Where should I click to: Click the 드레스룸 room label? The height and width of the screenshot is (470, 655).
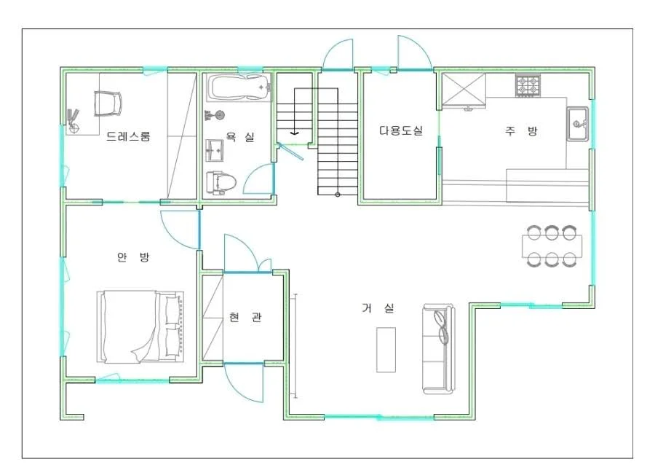[128, 136]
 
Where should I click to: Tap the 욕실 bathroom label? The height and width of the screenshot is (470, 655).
[240, 136]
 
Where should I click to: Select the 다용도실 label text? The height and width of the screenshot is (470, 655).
[401, 130]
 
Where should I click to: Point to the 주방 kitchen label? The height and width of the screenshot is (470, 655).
[521, 131]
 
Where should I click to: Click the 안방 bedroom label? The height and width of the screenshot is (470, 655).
[133, 256]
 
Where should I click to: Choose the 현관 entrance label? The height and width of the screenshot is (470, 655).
[245, 317]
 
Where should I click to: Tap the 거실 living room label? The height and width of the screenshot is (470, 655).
[378, 308]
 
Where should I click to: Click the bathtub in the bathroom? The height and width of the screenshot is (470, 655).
[239, 87]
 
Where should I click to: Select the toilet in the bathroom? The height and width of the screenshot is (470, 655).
[221, 183]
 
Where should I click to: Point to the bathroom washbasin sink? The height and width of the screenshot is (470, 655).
[215, 150]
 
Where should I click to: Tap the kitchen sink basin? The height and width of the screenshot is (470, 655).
[578, 124]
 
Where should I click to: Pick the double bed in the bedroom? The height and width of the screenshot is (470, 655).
[140, 326]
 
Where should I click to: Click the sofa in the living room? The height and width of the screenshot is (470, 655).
[438, 349]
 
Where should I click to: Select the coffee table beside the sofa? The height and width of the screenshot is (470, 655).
[386, 350]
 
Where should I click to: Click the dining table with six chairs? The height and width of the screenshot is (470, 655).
[552, 246]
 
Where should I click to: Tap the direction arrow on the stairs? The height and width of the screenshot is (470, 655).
[295, 132]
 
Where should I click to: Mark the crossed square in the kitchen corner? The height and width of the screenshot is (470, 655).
[464, 89]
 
